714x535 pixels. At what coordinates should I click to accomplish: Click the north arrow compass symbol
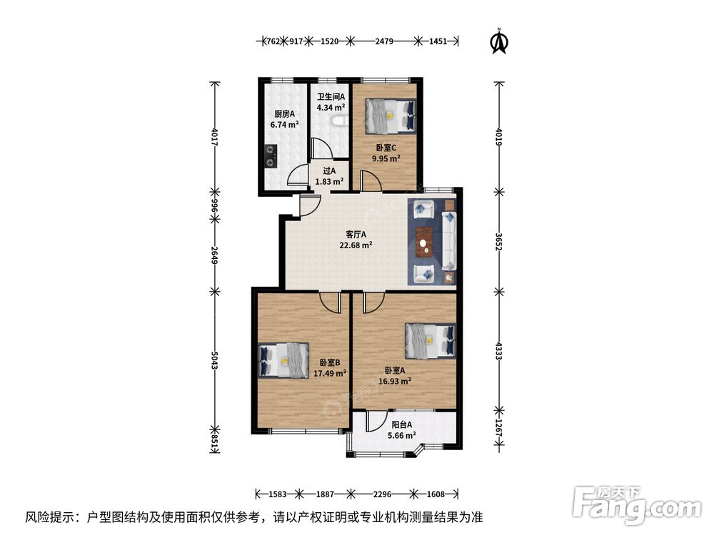click(x=499, y=41)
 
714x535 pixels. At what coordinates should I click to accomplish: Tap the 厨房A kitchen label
click(x=284, y=113)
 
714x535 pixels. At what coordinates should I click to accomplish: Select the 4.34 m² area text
click(x=331, y=108)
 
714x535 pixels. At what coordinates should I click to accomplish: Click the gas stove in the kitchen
click(x=271, y=156)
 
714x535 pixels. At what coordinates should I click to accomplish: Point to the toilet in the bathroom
click(x=339, y=121)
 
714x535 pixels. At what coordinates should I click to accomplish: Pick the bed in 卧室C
click(x=391, y=116)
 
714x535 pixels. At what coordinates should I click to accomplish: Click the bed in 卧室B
click(x=283, y=360)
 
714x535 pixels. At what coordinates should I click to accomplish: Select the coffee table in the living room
click(x=424, y=242)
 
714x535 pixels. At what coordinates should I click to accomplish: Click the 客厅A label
click(x=356, y=235)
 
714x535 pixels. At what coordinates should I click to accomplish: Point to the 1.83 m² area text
click(x=329, y=181)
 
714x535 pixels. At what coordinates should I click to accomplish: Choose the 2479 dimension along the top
click(x=384, y=41)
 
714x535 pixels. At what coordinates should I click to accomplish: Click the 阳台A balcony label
click(x=402, y=424)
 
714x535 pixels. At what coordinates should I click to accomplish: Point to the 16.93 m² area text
click(x=396, y=381)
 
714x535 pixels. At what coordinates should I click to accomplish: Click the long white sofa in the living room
click(x=449, y=241)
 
